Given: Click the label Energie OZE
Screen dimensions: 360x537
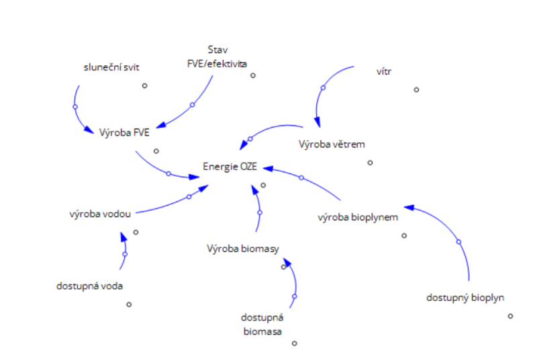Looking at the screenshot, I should point(230,166).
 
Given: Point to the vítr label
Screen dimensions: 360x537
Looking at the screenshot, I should point(383,70).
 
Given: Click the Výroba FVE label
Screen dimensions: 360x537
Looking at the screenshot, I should point(124,132).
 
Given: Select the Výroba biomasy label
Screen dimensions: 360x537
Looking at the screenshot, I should point(242,249).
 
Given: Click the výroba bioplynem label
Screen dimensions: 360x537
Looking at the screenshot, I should point(358,217).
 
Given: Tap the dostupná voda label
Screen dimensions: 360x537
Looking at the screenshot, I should point(90,285).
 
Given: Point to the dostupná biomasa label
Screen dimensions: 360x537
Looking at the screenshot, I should point(262,324).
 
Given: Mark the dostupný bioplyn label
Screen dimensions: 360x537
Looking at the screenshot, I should point(465,297).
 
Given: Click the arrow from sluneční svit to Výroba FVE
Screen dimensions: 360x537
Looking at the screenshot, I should point(75,107).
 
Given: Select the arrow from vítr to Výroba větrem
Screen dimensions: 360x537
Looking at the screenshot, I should point(322,88).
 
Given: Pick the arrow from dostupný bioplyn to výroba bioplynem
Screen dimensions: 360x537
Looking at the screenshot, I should point(458,241).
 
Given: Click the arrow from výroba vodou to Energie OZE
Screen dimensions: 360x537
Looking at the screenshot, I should point(189,196).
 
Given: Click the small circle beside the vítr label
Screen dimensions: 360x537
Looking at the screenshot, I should point(416,89).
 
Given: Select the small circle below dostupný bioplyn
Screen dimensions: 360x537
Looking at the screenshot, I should point(510,316).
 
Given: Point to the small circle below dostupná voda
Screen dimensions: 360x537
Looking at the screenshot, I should point(129,304).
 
